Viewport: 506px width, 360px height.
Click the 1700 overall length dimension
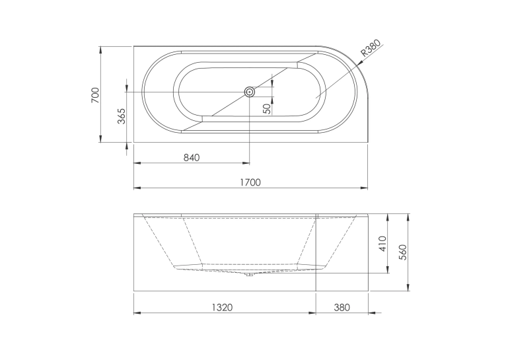[x=250, y=182]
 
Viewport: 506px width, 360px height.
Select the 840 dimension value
[x=192, y=158]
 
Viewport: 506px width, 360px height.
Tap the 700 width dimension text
[x=96, y=95]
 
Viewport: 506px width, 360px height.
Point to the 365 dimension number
[x=122, y=116]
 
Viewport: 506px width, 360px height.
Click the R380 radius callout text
[x=371, y=48]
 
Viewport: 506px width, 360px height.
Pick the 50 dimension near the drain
[x=267, y=109]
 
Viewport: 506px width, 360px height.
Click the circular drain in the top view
[x=250, y=92]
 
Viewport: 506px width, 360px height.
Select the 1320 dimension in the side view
[x=222, y=307]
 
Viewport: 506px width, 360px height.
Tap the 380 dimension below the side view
[x=342, y=307]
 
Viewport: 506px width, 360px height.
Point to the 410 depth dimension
[x=382, y=244]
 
